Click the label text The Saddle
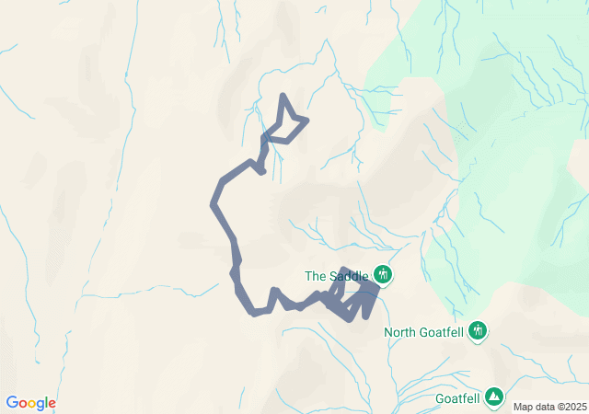(337, 275)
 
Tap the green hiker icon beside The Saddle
(383, 274)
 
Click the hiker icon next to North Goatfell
(477, 330)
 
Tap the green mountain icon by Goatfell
(494, 397)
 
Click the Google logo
(30, 403)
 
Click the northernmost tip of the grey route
(282, 95)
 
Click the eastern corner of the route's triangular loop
(306, 120)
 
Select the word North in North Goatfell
(402, 332)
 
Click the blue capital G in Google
(11, 403)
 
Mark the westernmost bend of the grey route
(214, 205)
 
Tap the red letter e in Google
(52, 404)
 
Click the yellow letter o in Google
(31, 404)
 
